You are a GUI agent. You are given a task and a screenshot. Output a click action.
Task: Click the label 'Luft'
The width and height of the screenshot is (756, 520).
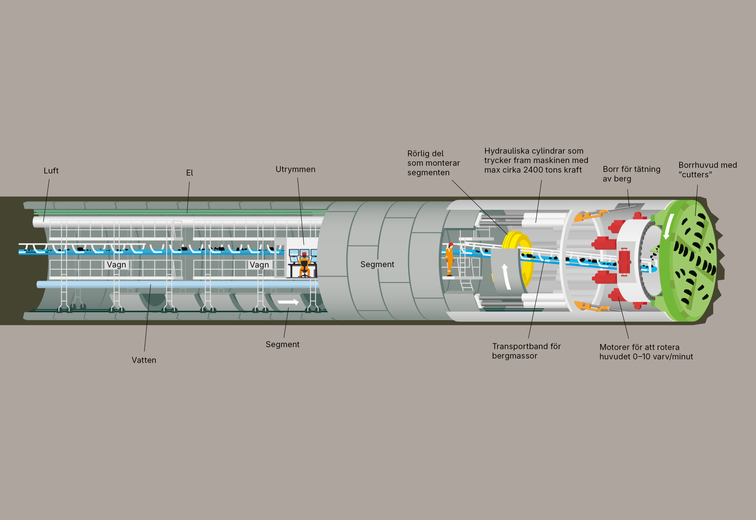[x=51, y=171]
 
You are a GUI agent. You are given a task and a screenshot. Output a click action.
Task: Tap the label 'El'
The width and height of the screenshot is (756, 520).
[x=190, y=173]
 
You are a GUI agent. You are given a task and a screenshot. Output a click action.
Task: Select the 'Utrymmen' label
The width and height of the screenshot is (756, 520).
[x=295, y=169]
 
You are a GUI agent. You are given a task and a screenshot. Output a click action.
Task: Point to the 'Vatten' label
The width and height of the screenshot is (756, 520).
[x=144, y=360]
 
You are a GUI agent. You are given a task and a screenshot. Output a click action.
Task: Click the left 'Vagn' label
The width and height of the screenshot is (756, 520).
[x=116, y=264]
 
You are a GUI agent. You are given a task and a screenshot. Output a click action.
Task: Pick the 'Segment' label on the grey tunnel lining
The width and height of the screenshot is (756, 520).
[x=377, y=264]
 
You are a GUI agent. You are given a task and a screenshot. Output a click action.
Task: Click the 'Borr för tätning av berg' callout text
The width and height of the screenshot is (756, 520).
[x=631, y=174]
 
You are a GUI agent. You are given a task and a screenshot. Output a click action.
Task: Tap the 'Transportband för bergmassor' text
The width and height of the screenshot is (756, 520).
[x=526, y=351]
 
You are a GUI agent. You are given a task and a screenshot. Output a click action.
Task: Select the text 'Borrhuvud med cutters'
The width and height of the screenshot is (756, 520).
[x=708, y=170]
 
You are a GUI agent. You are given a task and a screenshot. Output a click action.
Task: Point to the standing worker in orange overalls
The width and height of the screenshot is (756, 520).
[x=450, y=259]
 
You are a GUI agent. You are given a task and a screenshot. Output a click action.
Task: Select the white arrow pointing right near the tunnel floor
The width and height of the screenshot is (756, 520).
[x=288, y=302]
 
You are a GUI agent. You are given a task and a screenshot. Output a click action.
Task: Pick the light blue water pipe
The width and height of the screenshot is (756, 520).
[x=176, y=285]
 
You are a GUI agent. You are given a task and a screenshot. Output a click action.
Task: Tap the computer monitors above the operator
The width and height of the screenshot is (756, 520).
[x=303, y=253]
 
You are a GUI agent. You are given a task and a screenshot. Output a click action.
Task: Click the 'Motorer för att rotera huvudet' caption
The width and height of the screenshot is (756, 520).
[x=646, y=352]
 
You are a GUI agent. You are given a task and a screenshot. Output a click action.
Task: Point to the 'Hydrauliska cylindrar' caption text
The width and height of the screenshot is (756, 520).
[x=536, y=160]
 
